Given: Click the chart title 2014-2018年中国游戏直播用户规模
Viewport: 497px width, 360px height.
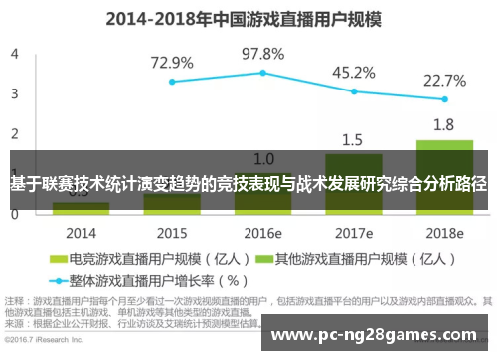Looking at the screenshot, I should click(x=248, y=17).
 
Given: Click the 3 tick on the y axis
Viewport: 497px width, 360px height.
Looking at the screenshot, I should click(x=14, y=93).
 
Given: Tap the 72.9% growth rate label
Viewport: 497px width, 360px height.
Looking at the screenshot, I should click(x=172, y=62).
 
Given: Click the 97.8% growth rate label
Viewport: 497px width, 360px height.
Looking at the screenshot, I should click(x=262, y=53).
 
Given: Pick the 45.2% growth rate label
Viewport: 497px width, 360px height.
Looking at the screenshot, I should click(x=354, y=72).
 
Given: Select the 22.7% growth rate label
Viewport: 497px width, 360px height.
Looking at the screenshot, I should click(x=444, y=81).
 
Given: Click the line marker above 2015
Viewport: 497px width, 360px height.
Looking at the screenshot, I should click(x=172, y=82).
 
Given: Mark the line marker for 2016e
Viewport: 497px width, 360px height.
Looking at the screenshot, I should click(x=262, y=73).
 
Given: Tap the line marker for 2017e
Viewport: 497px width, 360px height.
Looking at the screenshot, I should click(x=354, y=91).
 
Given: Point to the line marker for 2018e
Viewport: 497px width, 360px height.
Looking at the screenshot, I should click(x=444, y=99).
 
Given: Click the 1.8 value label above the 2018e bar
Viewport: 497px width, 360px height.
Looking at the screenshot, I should click(x=444, y=125).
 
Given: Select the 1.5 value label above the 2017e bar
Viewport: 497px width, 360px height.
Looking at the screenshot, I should click(x=354, y=139).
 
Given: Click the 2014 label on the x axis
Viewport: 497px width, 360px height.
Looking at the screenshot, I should click(x=81, y=233).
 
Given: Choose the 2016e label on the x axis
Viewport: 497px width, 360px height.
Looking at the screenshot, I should click(x=262, y=233).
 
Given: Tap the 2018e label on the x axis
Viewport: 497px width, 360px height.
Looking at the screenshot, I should click(x=444, y=233).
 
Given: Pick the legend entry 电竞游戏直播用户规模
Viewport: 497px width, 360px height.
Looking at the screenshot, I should click(x=143, y=259).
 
